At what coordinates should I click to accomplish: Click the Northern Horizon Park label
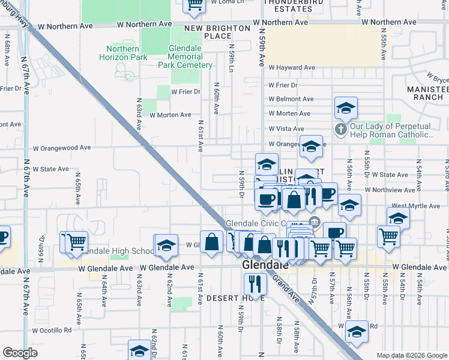(125, 53)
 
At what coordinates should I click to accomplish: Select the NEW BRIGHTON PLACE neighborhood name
(217, 32)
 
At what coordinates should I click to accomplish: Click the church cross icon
(341, 130)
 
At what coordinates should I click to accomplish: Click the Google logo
(20, 353)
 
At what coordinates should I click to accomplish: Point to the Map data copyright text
(411, 355)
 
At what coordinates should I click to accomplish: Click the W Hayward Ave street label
(292, 68)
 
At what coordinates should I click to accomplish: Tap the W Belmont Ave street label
(291, 99)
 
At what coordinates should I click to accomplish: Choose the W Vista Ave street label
(286, 128)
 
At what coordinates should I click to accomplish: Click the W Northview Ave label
(393, 190)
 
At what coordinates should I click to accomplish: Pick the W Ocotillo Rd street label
(52, 330)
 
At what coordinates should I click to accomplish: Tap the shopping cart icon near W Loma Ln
(194, 4)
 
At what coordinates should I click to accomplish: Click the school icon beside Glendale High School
(166, 245)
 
